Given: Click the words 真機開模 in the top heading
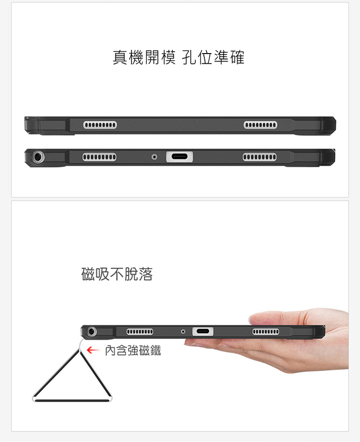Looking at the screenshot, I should click(144, 57).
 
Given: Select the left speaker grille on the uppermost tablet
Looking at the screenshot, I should click(100, 125).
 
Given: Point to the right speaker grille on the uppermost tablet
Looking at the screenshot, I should click(260, 125).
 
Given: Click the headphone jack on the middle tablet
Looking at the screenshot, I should click(38, 157).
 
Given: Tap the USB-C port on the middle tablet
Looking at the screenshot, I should click(180, 157).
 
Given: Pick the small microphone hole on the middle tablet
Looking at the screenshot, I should click(154, 157).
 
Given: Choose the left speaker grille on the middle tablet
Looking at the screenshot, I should click(99, 157).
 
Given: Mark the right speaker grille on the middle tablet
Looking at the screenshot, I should click(259, 157).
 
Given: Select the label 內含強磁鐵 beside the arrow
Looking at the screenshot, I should click(132, 351).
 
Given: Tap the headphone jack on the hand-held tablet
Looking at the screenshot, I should click(92, 331).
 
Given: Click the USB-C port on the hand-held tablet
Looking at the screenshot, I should click(203, 331).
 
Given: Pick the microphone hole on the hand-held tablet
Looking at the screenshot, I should click(184, 331).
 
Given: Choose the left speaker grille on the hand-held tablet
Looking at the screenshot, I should click(140, 331).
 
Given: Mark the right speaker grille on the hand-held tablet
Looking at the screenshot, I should click(266, 331).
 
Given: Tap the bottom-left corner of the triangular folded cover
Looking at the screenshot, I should click(35, 398).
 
